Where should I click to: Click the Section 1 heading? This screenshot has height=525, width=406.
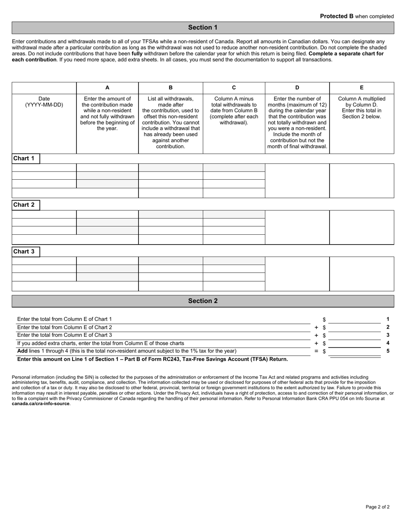[x=203, y=28]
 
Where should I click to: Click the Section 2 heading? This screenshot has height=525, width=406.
[x=203, y=301]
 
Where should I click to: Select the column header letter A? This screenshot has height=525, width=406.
[x=107, y=87]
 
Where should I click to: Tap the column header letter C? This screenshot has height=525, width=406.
[x=234, y=87]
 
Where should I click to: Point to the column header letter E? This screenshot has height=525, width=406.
[x=362, y=87]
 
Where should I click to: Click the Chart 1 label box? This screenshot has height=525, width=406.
[x=26, y=158]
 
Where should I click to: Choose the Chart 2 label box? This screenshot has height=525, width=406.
[x=26, y=205]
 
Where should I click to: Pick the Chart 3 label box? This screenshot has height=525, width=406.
[x=26, y=251]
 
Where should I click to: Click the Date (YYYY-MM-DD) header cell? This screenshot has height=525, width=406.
[x=44, y=102]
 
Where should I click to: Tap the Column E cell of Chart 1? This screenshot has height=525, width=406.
[x=362, y=181]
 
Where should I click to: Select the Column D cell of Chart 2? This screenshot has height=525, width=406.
[x=297, y=227]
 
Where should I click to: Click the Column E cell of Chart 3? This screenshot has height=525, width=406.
[x=362, y=274]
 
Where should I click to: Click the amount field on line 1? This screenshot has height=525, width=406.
[x=354, y=319]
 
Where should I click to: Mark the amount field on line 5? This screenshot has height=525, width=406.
[x=354, y=351]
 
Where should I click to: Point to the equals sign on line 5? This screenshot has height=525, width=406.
[x=316, y=351]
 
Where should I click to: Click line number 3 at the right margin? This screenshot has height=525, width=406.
[x=388, y=335]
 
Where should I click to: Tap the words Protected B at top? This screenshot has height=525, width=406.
[x=337, y=16]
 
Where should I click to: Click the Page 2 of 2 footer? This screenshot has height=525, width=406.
[x=377, y=507]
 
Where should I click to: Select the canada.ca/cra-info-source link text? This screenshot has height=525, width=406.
[x=41, y=403]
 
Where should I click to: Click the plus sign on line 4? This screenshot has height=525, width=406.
[x=316, y=343]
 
